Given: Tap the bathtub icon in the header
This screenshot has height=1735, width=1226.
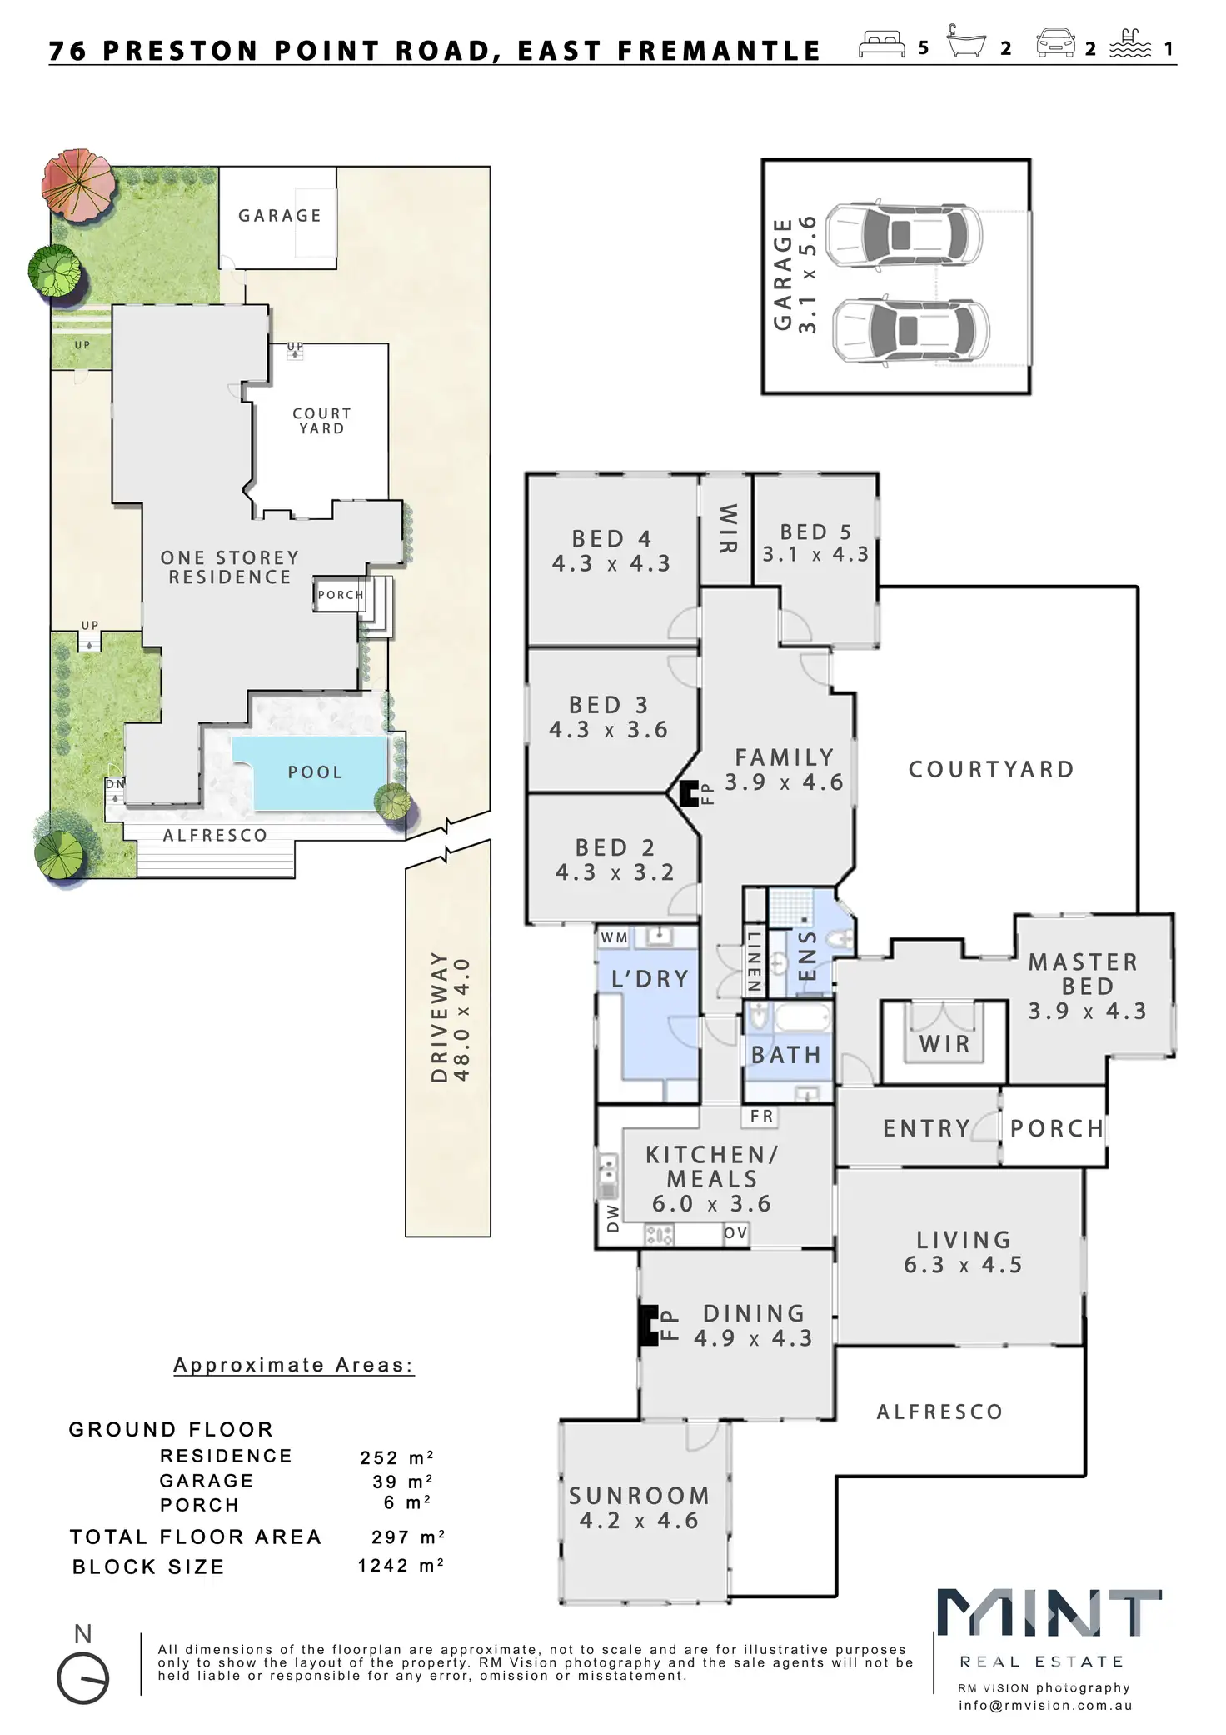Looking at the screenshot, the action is pyautogui.click(x=966, y=42).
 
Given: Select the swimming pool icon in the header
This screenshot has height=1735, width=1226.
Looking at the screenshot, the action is pyautogui.click(x=1129, y=44).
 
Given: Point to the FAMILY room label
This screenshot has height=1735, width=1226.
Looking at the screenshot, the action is pyautogui.click(x=785, y=757).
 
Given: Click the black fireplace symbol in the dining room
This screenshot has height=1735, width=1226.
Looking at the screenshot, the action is pyautogui.click(x=649, y=1326).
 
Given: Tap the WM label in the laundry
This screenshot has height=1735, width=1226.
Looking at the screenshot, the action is pyautogui.click(x=615, y=938).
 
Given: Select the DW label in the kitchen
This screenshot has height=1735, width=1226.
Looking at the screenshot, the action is pyautogui.click(x=613, y=1218).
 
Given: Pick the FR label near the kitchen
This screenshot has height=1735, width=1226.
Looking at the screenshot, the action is pyautogui.click(x=761, y=1117).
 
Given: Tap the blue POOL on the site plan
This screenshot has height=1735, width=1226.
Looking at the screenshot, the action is pyautogui.click(x=316, y=772).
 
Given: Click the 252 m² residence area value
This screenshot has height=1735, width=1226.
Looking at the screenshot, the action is pyautogui.click(x=396, y=1457).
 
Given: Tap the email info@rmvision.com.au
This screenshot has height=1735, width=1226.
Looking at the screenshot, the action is pyautogui.click(x=1044, y=1706).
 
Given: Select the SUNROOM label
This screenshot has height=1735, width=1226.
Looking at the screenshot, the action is pyautogui.click(x=639, y=1496).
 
